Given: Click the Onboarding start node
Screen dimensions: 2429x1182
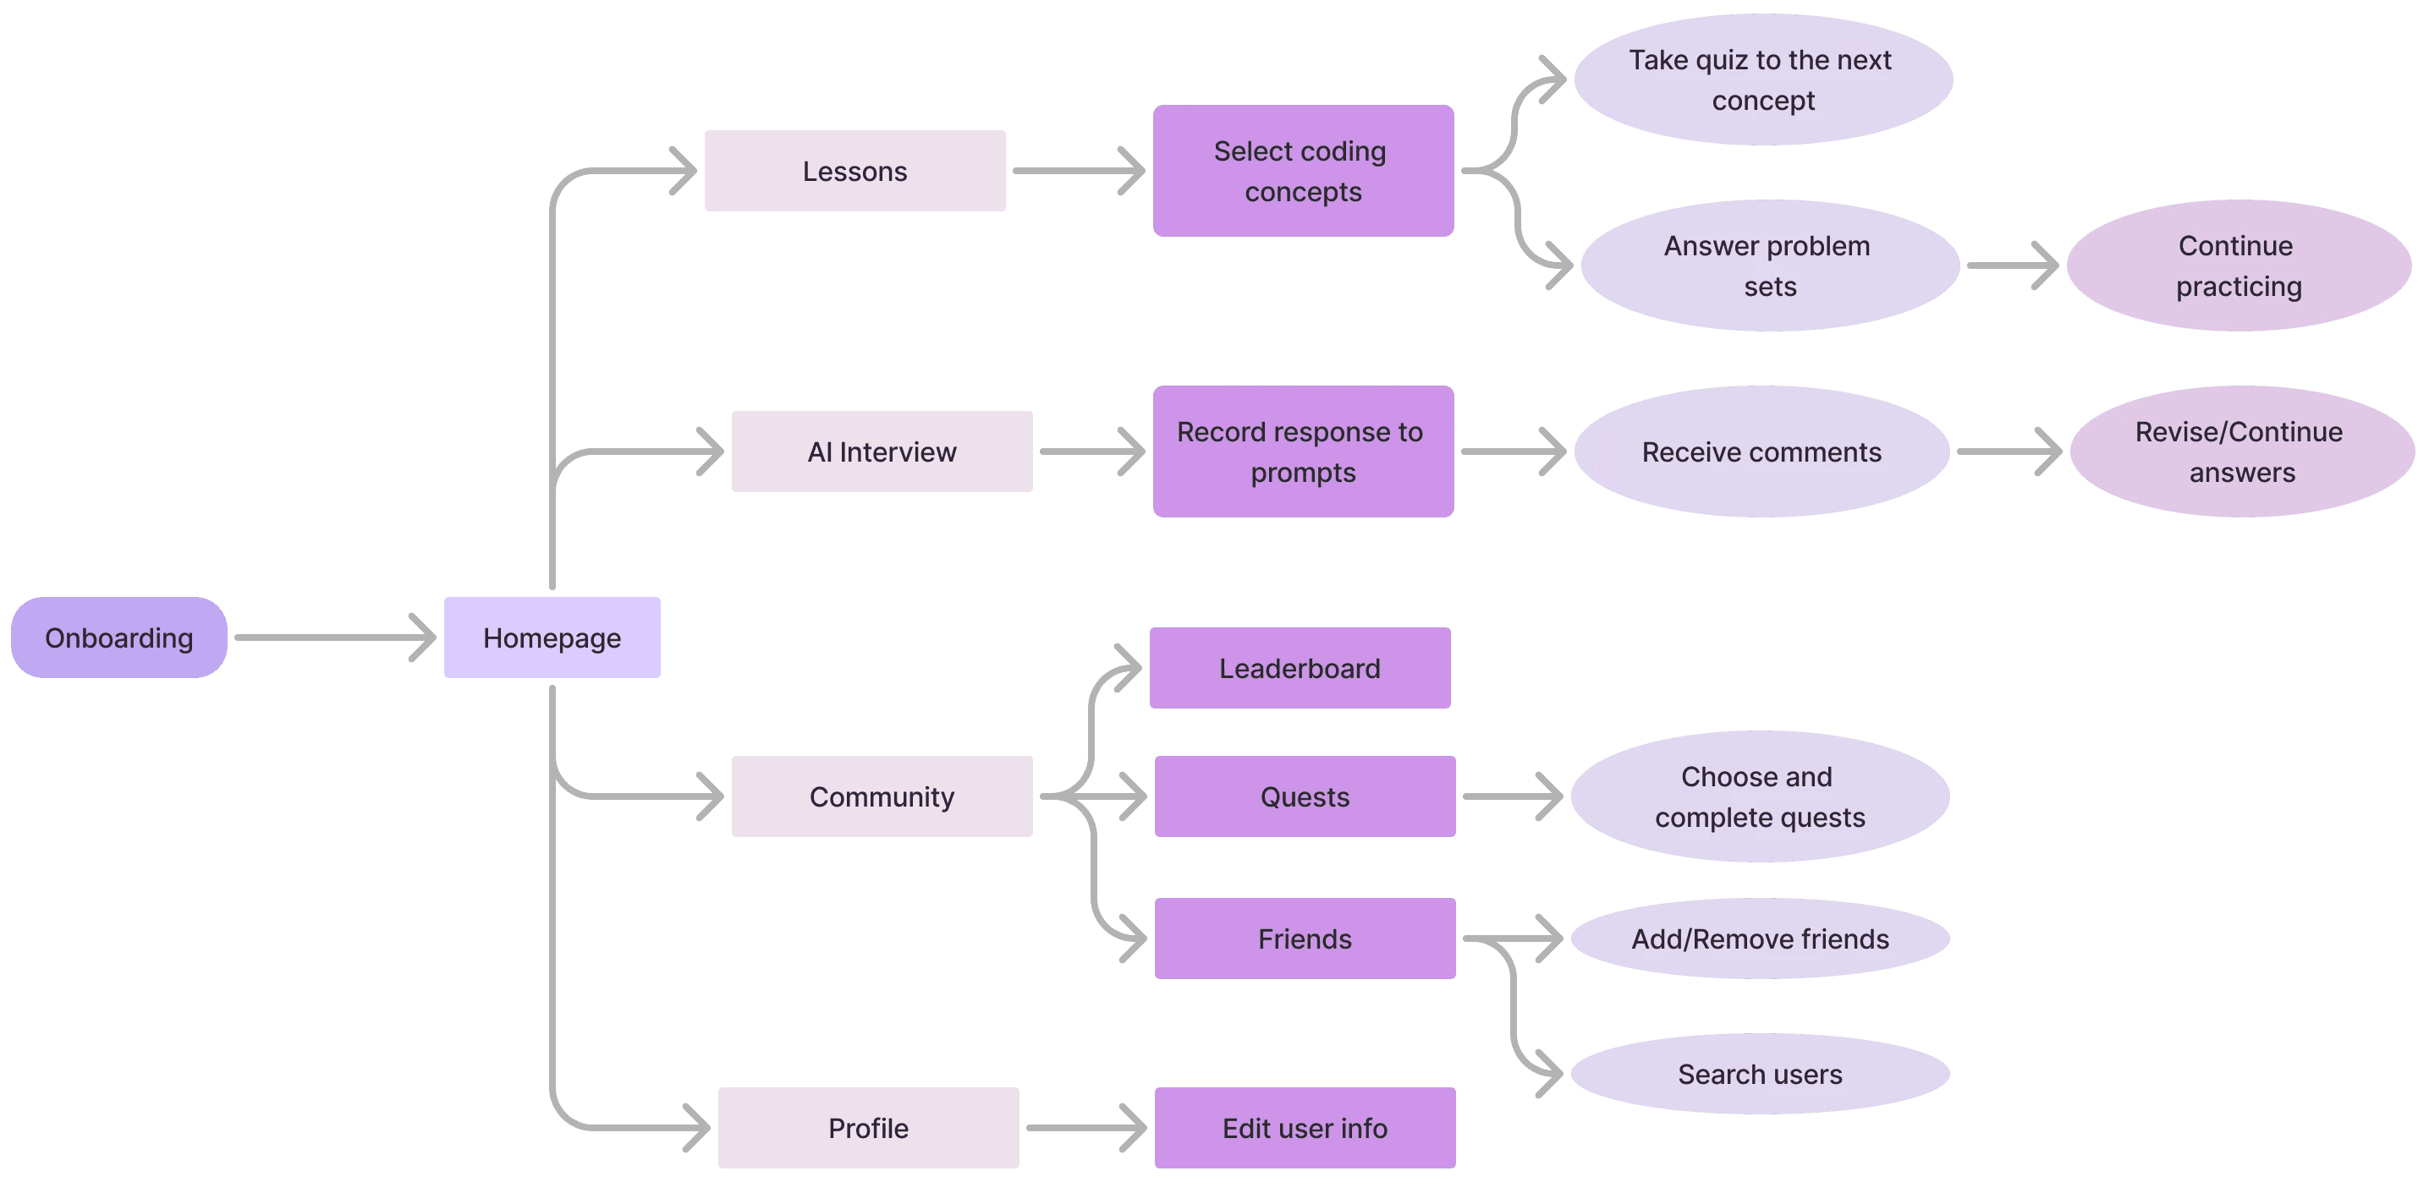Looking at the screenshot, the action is tap(118, 638).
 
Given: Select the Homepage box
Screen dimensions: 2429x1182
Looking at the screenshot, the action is tap(552, 638).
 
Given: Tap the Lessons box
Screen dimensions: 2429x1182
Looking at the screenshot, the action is tap(855, 171).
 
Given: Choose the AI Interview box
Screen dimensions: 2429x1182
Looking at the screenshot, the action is tap(882, 451).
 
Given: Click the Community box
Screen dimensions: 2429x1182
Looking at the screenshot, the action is tap(882, 796).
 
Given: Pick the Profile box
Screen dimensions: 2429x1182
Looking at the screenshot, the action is tap(868, 1127).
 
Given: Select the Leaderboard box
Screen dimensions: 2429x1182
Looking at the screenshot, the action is tap(1300, 668).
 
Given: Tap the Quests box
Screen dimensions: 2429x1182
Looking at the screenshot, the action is tap(1305, 796).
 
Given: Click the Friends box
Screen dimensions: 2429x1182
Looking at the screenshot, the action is tap(1305, 938).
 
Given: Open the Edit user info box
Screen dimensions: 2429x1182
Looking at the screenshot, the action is tap(1305, 1127).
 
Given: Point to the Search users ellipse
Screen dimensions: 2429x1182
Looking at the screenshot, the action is tap(1760, 1074).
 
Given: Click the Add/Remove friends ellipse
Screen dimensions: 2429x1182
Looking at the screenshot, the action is tap(1760, 938).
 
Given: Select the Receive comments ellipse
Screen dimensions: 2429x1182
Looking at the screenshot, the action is tap(1761, 451).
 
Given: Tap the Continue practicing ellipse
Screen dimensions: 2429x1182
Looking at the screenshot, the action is tap(2239, 265).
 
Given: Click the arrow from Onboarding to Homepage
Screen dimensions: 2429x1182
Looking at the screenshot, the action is tap(335, 638).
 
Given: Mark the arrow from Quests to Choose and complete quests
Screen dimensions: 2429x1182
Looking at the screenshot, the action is tap(1513, 796).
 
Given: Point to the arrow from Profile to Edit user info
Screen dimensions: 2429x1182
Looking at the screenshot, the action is tap(1085, 1127).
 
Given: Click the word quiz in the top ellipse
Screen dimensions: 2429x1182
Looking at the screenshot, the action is tap(1721, 60).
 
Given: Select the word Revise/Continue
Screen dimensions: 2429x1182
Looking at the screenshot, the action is tap(2239, 432).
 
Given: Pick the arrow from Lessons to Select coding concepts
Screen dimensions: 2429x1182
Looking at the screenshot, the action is tap(1079, 171).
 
